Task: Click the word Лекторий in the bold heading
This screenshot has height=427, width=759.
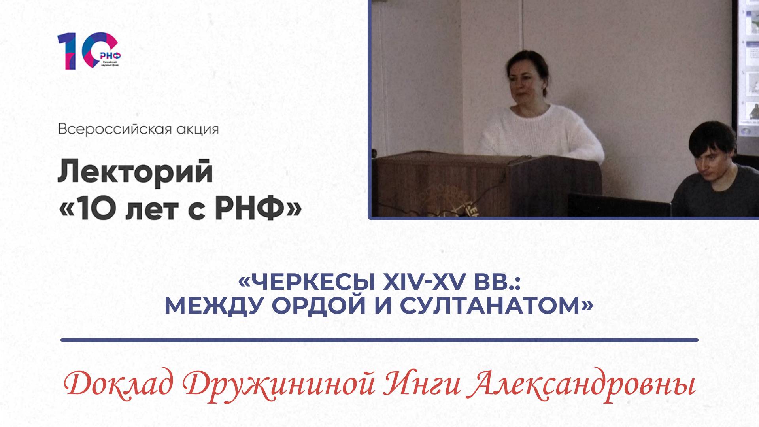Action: click(135, 173)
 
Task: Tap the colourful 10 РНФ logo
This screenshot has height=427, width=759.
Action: click(89, 51)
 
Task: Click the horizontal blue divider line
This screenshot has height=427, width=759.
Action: click(379, 340)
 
